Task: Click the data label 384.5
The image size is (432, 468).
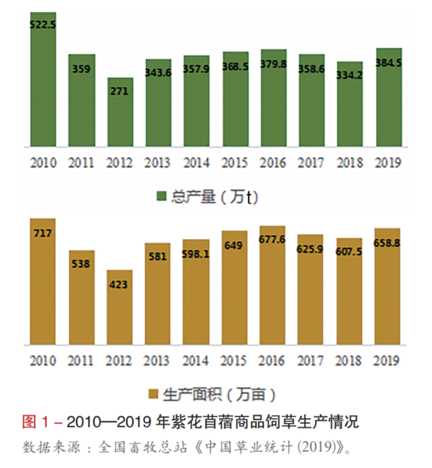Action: [389, 62]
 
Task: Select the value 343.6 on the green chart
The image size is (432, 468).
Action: [159, 73]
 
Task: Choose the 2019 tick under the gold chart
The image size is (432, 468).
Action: [387, 361]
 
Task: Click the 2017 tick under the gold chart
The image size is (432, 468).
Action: [311, 361]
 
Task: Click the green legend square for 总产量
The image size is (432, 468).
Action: [160, 197]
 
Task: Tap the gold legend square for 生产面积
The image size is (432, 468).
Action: [153, 394]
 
